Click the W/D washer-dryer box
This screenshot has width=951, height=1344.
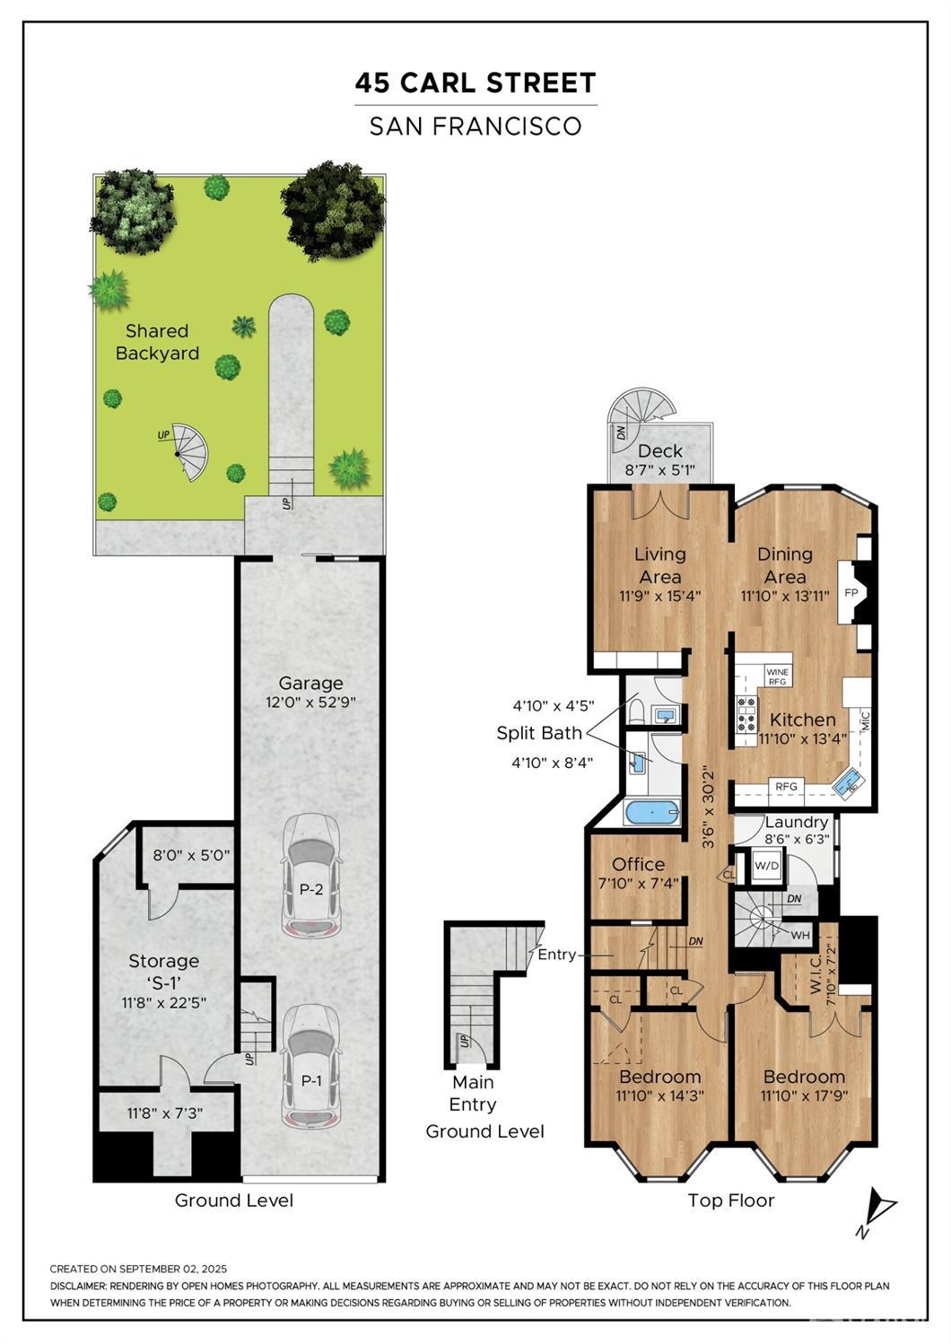click(x=766, y=867)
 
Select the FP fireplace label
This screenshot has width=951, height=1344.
click(x=851, y=593)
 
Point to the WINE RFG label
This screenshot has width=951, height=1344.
click(x=778, y=676)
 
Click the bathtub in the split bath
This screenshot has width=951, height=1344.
click(x=653, y=813)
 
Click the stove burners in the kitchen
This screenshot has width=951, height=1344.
click(x=746, y=714)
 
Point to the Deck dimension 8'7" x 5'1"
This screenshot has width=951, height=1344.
click(x=660, y=470)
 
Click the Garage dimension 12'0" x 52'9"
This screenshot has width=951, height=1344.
click(x=310, y=703)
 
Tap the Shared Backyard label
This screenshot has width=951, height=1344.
click(x=157, y=342)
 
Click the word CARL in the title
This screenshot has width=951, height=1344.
click(x=438, y=83)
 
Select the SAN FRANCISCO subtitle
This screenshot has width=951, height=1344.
click(x=475, y=126)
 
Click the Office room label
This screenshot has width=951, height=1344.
click(x=639, y=865)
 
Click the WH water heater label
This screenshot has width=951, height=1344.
click(x=799, y=936)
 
